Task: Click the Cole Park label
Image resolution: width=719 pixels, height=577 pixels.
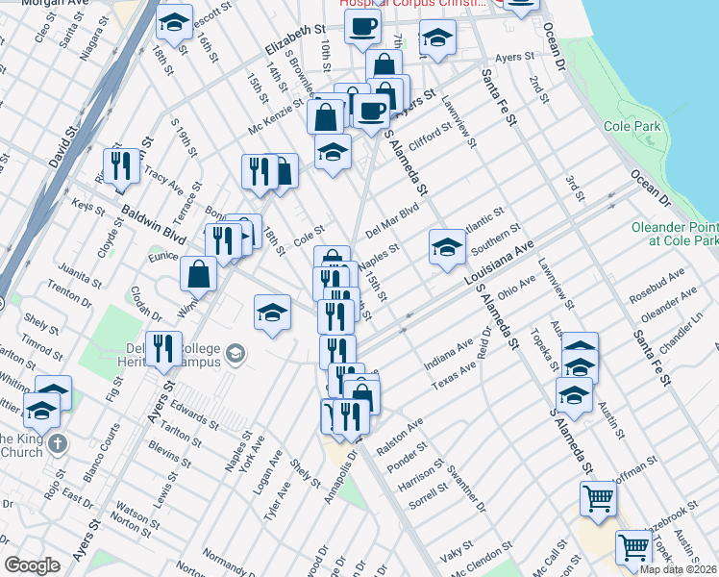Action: click(x=632, y=126)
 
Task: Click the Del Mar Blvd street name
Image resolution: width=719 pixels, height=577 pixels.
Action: click(x=392, y=217)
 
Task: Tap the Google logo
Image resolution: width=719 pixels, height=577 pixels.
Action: click(x=32, y=565)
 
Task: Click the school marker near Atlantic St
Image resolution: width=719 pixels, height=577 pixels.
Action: click(x=447, y=246)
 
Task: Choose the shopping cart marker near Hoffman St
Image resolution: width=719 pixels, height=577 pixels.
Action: click(x=598, y=497)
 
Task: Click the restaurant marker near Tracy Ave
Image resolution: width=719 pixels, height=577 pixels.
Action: click(x=120, y=165)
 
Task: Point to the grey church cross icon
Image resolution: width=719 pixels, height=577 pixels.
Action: click(x=58, y=443)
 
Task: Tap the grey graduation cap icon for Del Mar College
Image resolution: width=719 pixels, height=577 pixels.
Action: click(x=235, y=356)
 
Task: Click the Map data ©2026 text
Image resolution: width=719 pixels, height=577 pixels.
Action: click(x=679, y=569)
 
